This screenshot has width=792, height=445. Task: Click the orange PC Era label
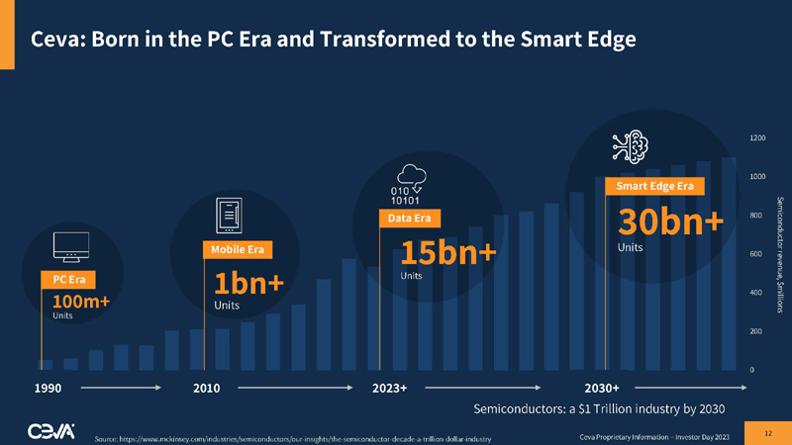(68, 280)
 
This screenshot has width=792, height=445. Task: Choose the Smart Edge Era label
(653, 186)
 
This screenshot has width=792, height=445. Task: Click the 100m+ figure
(80, 301)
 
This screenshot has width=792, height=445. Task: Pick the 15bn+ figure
(447, 252)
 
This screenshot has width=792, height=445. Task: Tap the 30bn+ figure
(670, 222)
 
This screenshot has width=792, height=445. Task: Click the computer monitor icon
(71, 245)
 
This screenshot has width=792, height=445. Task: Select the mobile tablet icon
(230, 213)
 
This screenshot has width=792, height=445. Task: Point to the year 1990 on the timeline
(48, 389)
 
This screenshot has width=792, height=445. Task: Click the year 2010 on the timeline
(206, 389)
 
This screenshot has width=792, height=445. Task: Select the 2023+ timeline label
(390, 389)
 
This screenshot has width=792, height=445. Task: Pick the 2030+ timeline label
(603, 389)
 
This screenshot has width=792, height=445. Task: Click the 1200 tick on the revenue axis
(757, 137)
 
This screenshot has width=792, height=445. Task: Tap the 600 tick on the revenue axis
(756, 254)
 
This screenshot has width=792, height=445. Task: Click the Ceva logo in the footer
(51, 431)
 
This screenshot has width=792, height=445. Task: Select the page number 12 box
(769, 433)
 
